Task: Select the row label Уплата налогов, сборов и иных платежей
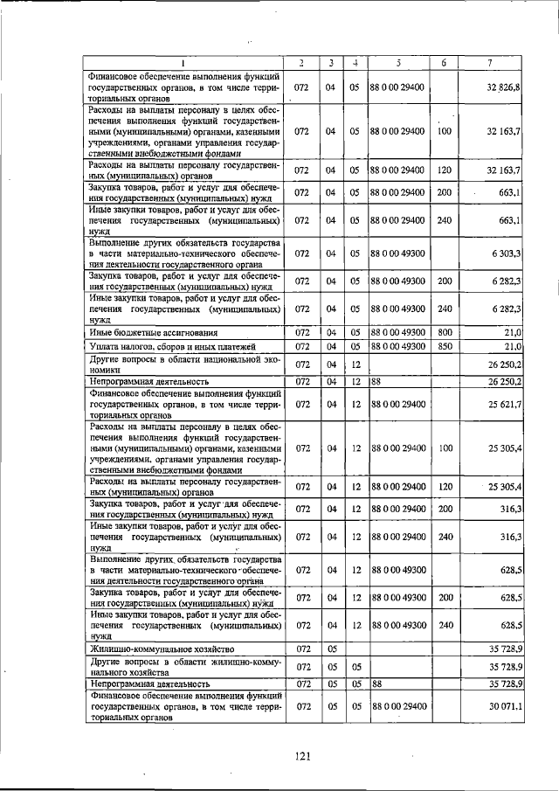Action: [x=166, y=347]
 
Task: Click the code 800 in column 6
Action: [x=445, y=333]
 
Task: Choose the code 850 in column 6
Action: [x=445, y=347]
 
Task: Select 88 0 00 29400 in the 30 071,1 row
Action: [x=398, y=704]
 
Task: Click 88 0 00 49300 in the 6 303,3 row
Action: [x=398, y=253]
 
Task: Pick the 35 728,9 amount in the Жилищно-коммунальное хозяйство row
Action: [x=504, y=649]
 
